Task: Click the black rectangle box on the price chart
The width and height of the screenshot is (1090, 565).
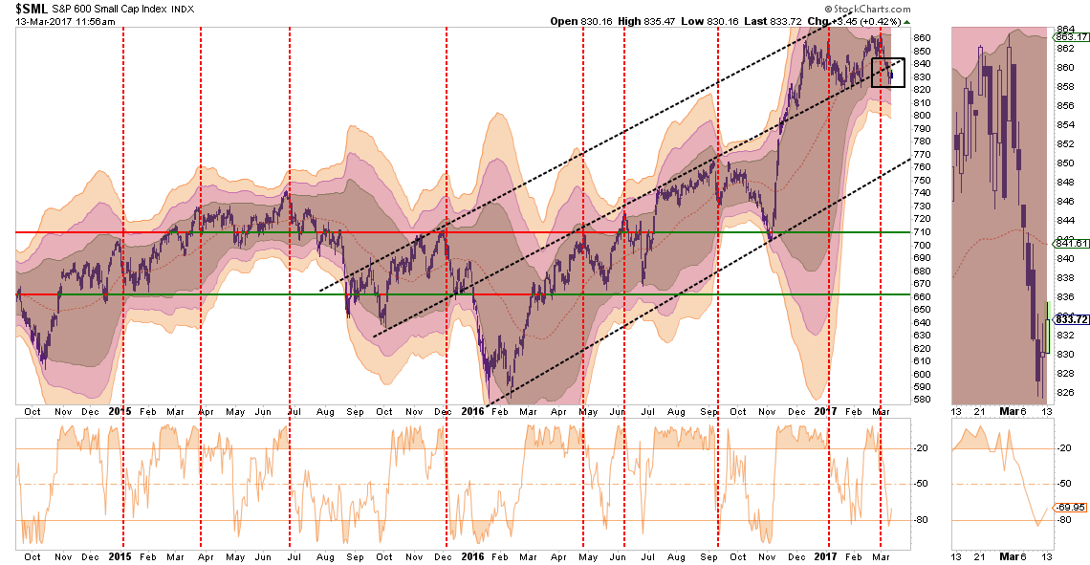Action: pyautogui.click(x=886, y=72)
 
